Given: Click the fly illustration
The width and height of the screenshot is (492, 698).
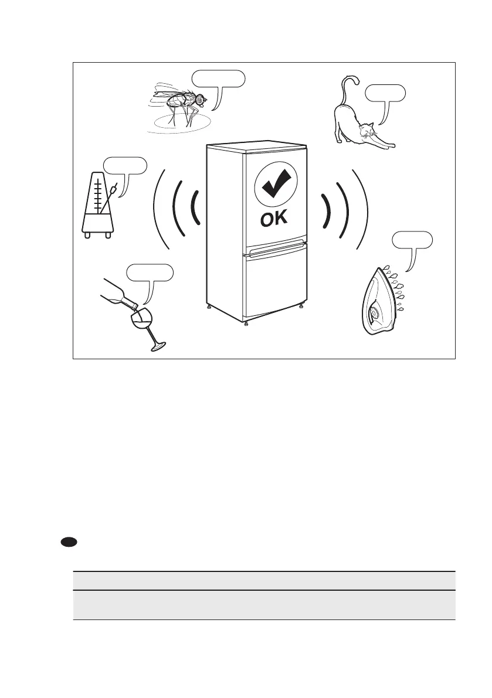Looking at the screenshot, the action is pos(179,104).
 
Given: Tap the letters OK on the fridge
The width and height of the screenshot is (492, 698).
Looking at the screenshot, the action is pos(273,220).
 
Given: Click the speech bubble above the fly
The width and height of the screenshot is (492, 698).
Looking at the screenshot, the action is pos(218,78).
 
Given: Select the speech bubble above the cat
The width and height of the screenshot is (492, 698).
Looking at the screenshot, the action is pos(385,93).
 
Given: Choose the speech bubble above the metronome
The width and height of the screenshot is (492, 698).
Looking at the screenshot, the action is pos(124,165).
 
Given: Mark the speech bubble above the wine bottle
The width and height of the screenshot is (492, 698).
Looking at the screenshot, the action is pos(151,273).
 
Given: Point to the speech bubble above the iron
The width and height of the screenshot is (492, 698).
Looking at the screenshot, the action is pos(413,240).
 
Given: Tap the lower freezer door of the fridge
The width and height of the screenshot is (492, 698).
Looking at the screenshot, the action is pos(276,287).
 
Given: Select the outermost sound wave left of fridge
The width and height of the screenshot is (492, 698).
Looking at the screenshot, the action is pos(155,211).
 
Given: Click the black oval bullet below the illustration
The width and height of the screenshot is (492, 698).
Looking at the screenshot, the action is pos(69,542).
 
